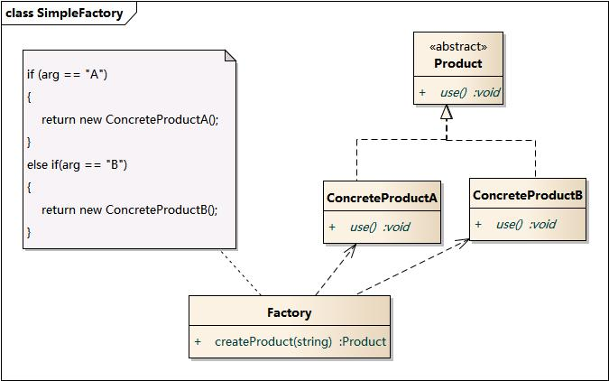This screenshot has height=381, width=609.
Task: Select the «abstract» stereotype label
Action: [458, 47]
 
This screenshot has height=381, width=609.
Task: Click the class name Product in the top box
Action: [458, 63]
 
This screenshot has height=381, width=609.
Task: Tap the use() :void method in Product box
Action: [469, 92]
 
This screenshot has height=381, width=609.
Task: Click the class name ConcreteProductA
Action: [382, 198]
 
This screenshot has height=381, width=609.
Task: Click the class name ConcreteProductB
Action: [528, 195]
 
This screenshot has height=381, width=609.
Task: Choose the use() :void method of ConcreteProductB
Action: [525, 224]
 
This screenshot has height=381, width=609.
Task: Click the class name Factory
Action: [290, 312]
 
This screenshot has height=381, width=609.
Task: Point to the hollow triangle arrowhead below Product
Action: [446, 113]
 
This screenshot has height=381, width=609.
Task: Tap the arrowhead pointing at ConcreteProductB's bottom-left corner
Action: [463, 241]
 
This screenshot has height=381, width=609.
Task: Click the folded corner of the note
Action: [230, 56]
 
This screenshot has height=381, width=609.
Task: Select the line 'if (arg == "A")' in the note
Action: [67, 74]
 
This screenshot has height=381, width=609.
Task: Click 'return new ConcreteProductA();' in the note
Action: [130, 119]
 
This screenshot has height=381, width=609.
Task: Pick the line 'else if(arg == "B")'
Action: [77, 164]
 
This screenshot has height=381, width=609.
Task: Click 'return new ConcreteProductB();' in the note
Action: [130, 209]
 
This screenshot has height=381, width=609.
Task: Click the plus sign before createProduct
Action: [198, 341]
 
